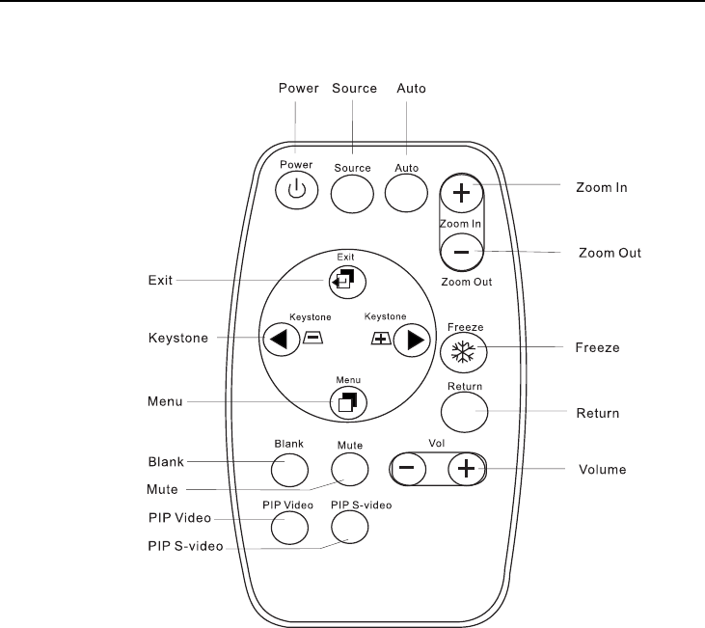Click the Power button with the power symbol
[295, 190]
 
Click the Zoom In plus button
[462, 192]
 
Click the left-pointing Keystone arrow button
[279, 339]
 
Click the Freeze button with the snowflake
[464, 352]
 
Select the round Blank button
[288, 468]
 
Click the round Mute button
[350, 468]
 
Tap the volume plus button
[467, 469]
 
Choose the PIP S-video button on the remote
[350, 525]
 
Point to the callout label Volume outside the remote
[603, 470]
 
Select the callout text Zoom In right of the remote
[603, 187]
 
